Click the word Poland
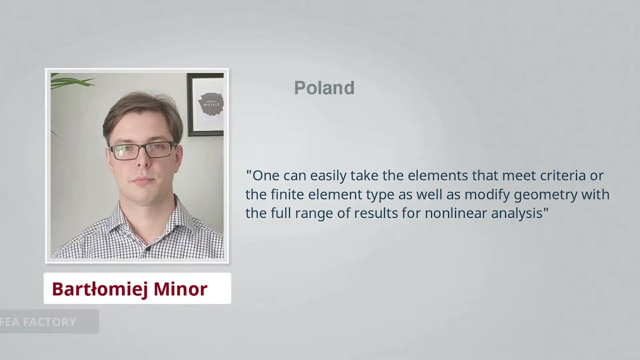(x=324, y=88)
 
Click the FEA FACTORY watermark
(x=38, y=322)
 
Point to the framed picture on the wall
(x=206, y=104)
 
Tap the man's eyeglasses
(x=142, y=150)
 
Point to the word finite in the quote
(x=287, y=194)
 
